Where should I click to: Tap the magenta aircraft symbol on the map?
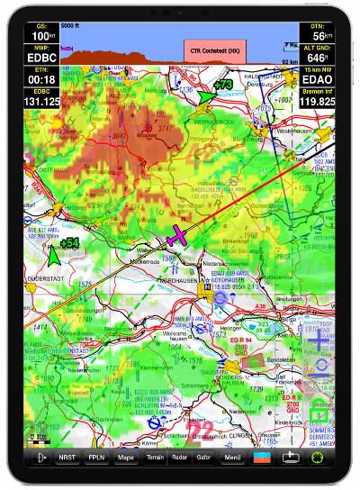[x=177, y=236]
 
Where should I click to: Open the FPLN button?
[x=96, y=458]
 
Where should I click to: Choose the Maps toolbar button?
[x=127, y=458]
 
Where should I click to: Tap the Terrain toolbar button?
[x=154, y=458]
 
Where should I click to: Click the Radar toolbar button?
[x=179, y=458]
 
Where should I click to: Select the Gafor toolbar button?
[x=204, y=458]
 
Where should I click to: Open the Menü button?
[x=233, y=458]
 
